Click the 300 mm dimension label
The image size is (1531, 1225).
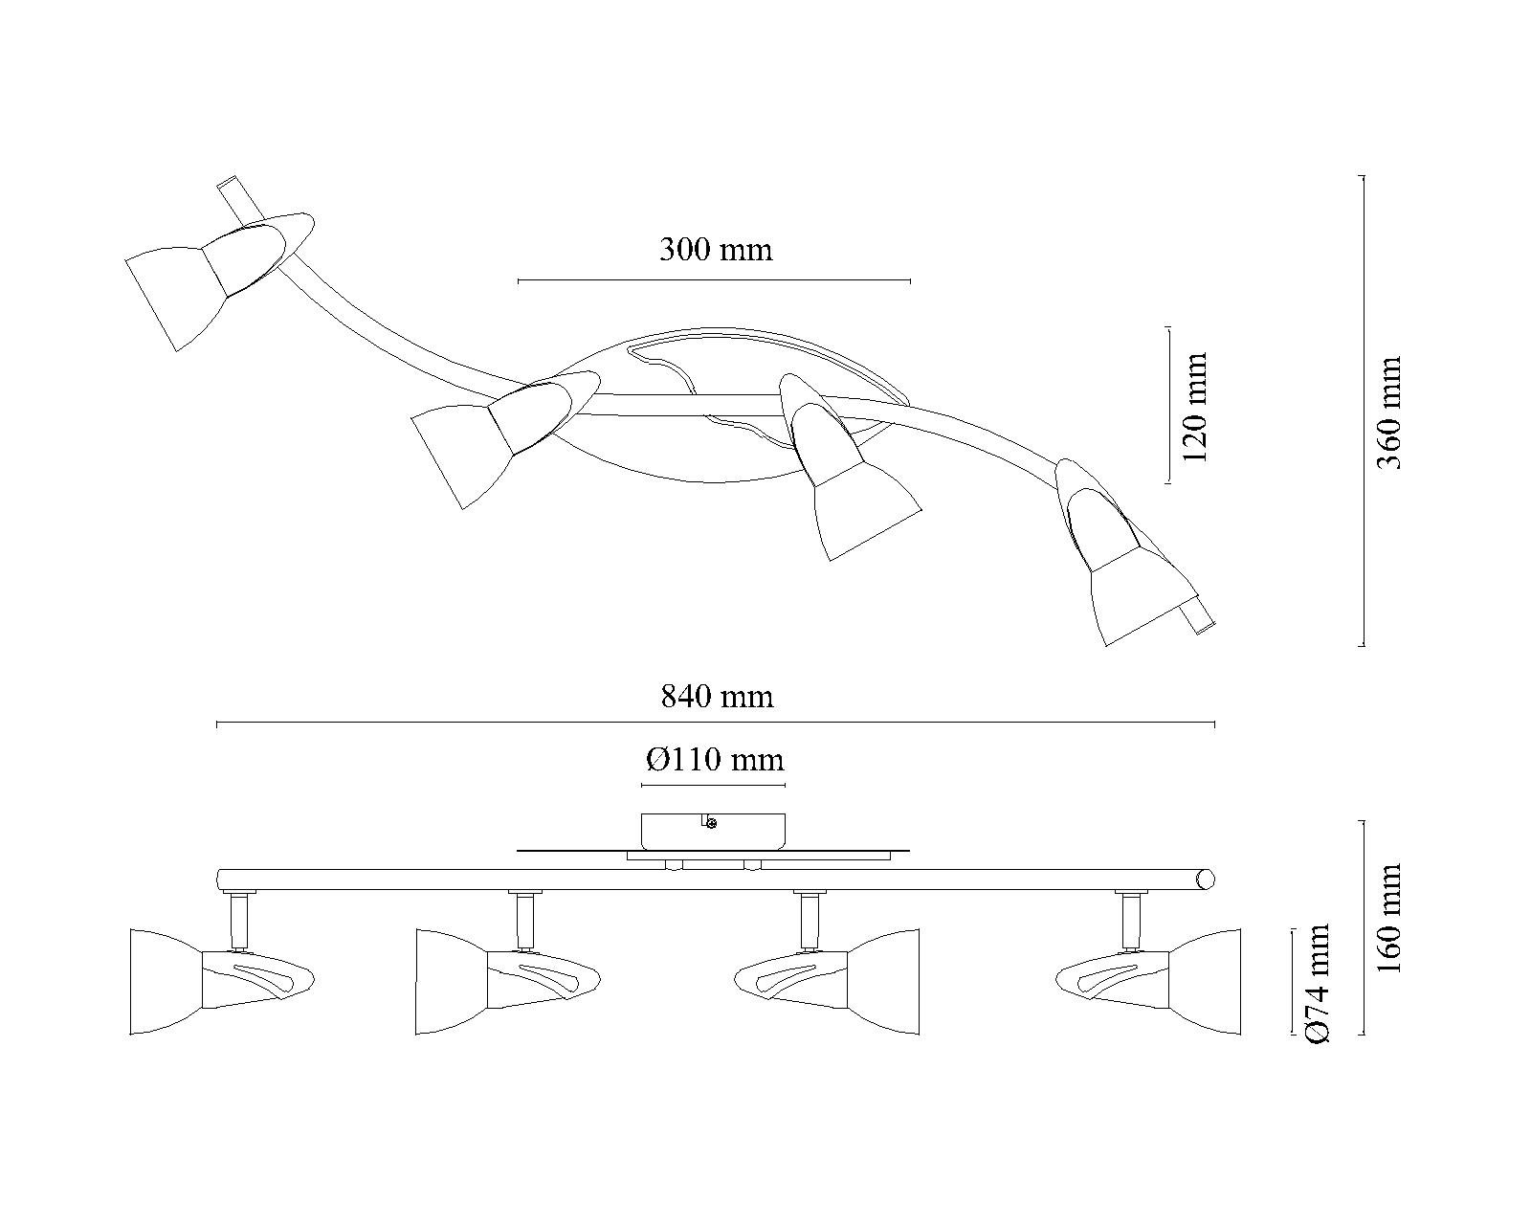point(716,250)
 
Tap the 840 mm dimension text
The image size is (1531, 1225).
point(717,696)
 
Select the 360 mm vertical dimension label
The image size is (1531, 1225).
point(1389,412)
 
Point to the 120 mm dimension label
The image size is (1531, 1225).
point(1195,407)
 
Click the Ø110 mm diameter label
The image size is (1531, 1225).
point(715,760)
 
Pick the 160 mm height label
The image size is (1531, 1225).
point(1389,918)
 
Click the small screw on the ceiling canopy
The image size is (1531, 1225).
point(711,824)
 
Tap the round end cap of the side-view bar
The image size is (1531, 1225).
point(1205,880)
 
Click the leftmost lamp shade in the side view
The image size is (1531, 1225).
point(166,982)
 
